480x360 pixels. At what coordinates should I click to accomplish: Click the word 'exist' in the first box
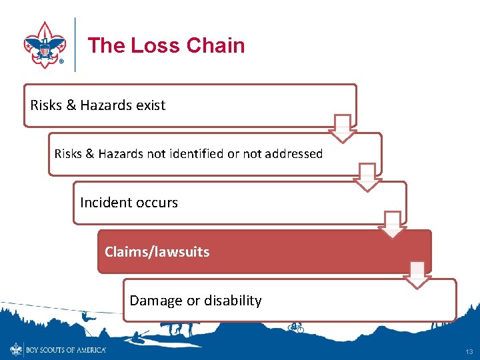click(x=150, y=105)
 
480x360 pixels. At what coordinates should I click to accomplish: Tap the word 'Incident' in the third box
click(x=104, y=203)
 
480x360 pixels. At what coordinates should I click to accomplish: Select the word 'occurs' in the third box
click(x=157, y=203)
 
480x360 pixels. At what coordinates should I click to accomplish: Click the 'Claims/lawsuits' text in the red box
click(x=157, y=252)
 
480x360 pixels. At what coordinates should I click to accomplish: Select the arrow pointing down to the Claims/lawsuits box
click(x=392, y=225)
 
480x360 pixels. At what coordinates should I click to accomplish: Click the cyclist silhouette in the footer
click(x=296, y=327)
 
